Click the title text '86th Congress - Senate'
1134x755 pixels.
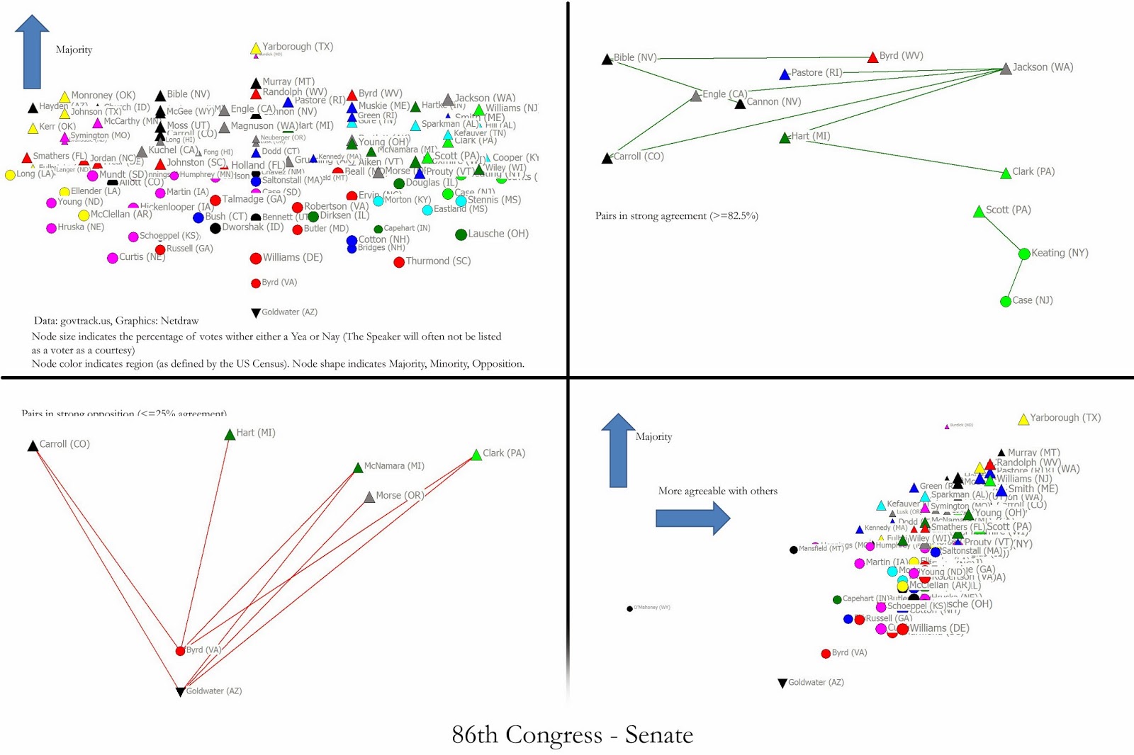pyautogui.click(x=572, y=734)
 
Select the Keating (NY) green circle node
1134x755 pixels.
pyautogui.click(x=1024, y=254)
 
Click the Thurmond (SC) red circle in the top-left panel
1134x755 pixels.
pyautogui.click(x=399, y=262)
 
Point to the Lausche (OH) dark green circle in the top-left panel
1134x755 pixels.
pyautogui.click(x=461, y=234)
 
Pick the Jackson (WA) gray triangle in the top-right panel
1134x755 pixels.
pyautogui.click(x=1006, y=69)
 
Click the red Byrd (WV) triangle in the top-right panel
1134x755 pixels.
pyautogui.click(x=873, y=57)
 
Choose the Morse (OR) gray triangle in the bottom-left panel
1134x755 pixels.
pyautogui.click(x=369, y=498)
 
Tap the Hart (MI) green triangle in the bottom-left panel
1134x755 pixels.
pyautogui.click(x=230, y=435)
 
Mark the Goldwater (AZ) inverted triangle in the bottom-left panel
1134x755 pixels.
pyautogui.click(x=181, y=691)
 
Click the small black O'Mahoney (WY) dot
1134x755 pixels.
pyautogui.click(x=629, y=608)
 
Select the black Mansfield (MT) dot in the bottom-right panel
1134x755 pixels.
pyautogui.click(x=794, y=550)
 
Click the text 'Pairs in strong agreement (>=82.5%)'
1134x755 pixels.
pyautogui.click(x=676, y=216)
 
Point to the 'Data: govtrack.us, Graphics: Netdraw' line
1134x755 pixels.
pyautogui.click(x=116, y=321)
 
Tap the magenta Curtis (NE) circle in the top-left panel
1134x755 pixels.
pyautogui.click(x=112, y=258)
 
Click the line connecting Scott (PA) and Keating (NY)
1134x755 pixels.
pyautogui.click(x=1001, y=231)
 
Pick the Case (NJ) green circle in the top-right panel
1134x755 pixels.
pyautogui.click(x=1005, y=302)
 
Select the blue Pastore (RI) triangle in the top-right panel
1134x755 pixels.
pyautogui.click(x=785, y=74)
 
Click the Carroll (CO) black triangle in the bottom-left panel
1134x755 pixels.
pyautogui.click(x=33, y=446)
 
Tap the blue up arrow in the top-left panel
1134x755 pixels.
pyautogui.click(x=32, y=52)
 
